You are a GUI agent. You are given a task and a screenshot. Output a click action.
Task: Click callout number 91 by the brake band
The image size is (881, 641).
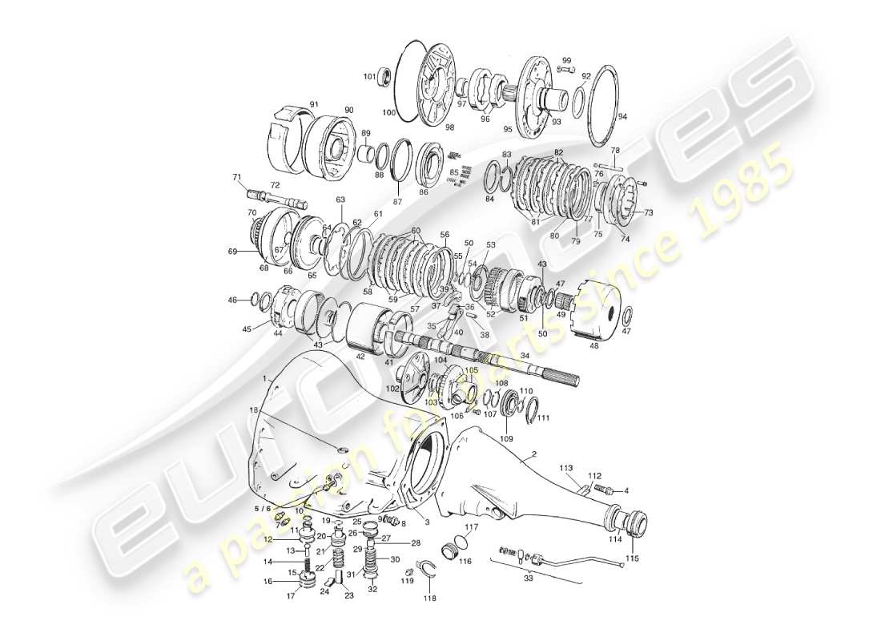click(x=314, y=104)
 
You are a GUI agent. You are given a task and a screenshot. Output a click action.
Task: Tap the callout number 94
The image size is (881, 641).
click(x=622, y=115)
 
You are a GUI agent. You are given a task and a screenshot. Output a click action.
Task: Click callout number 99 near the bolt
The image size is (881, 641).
click(x=566, y=60)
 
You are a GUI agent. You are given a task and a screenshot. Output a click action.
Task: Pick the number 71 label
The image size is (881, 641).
click(x=236, y=177)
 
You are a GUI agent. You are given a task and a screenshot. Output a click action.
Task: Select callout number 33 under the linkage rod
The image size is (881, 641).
click(x=528, y=578)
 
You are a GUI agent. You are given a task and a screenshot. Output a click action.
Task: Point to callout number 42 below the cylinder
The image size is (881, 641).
click(x=360, y=356)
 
